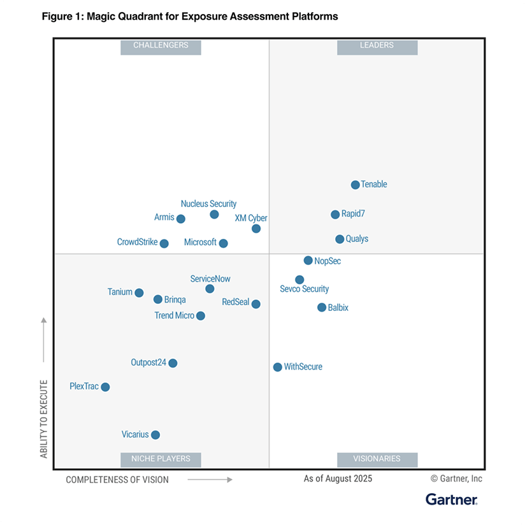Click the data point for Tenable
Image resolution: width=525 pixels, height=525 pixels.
tap(356, 185)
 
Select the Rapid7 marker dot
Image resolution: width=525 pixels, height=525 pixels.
tap(335, 215)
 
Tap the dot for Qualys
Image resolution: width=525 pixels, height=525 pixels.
tap(340, 240)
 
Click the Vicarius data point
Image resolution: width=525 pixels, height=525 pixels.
tap(155, 435)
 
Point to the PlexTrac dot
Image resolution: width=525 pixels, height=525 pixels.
tap(105, 387)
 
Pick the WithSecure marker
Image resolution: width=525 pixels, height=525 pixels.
tap(278, 367)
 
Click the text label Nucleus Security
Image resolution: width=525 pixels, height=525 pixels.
tap(208, 204)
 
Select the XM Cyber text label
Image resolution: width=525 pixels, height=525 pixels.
tap(251, 218)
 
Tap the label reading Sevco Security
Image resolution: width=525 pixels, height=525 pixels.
tap(305, 289)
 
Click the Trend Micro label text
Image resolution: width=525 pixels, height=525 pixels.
tap(174, 315)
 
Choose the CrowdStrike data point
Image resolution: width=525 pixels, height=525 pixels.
tap(164, 243)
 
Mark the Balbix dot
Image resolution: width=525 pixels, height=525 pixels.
tap(322, 308)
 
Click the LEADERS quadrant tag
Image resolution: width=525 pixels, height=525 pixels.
tap(377, 46)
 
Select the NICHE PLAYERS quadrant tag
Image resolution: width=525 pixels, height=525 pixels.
tap(161, 459)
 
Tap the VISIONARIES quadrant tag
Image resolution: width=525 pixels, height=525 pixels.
tap(377, 459)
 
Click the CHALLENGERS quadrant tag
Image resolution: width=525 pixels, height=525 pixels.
tap(161, 46)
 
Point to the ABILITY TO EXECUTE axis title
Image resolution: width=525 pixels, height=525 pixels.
tap(44, 419)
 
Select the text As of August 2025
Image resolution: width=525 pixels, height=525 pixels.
tap(338, 478)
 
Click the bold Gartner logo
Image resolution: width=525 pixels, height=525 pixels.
tap(451, 500)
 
